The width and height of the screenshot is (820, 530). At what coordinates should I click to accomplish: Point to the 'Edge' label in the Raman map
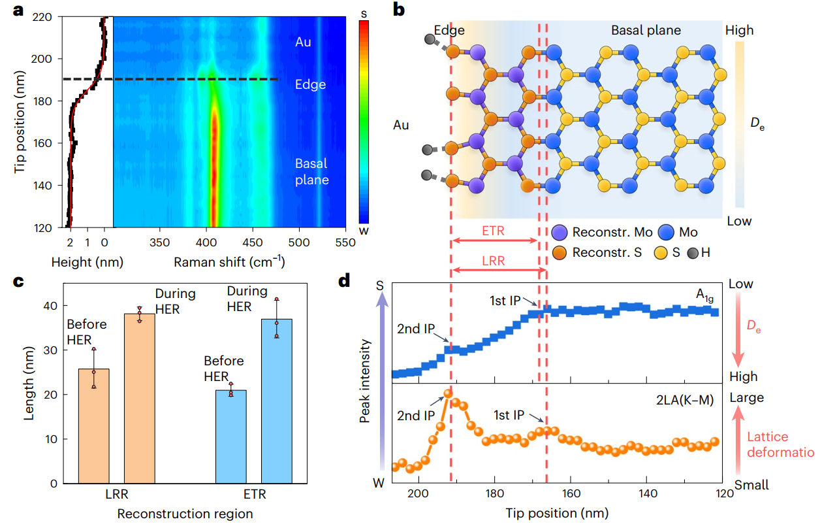(309, 84)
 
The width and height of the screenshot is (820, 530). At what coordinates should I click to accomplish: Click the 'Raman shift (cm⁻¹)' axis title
(229, 262)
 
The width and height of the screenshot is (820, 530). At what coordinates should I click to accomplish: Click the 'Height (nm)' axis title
(87, 262)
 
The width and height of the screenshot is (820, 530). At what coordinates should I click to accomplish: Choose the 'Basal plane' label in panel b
(646, 30)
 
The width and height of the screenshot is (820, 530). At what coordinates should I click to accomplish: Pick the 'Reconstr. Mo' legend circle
(559, 232)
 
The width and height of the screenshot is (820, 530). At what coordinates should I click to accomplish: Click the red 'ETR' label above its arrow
(493, 231)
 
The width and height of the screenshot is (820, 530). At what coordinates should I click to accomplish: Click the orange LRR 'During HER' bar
(140, 398)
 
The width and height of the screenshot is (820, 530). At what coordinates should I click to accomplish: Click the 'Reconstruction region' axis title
(185, 514)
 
